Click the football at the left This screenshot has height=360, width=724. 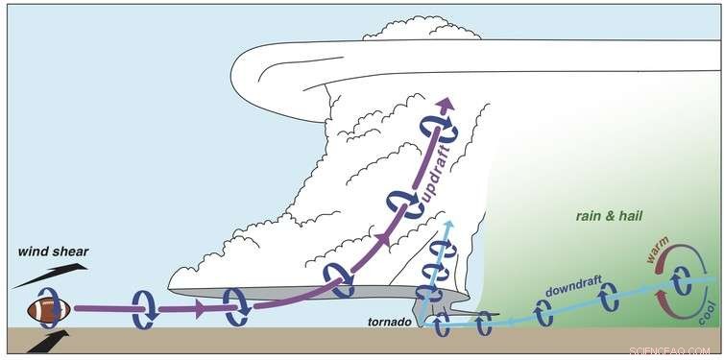pos(48,310)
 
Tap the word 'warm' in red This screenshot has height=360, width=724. pos(656,255)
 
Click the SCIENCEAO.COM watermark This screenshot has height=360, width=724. pos(678,351)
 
